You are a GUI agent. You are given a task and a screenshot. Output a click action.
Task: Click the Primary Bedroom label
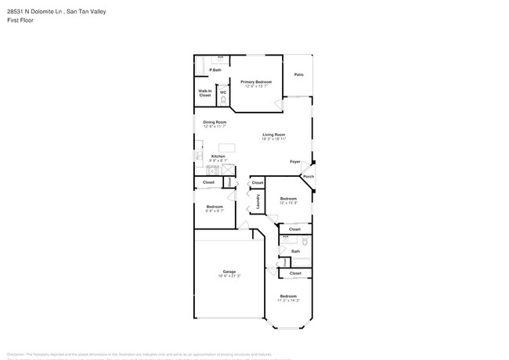click(x=256, y=81)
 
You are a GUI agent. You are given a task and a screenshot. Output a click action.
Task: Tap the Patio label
click(x=298, y=74)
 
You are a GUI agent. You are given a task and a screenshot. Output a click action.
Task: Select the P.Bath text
click(x=215, y=70)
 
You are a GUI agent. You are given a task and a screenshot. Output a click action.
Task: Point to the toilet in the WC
click(x=223, y=99)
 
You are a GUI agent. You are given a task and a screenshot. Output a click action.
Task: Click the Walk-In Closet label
click(x=204, y=93)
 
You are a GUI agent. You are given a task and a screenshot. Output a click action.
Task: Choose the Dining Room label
click(x=215, y=121)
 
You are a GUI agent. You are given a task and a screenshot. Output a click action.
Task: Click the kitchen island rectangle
click(x=227, y=147)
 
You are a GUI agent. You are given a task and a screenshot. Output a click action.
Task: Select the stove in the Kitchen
click(x=212, y=170)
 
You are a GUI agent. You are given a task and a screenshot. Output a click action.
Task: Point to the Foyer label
click(x=295, y=161)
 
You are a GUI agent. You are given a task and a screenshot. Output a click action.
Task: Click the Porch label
click(x=309, y=176)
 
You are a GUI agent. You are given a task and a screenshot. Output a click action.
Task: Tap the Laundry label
click(x=258, y=201)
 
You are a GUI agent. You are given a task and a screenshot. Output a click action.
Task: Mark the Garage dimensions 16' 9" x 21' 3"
click(x=229, y=276)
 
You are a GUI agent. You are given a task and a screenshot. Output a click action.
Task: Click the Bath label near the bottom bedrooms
click(x=295, y=251)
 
